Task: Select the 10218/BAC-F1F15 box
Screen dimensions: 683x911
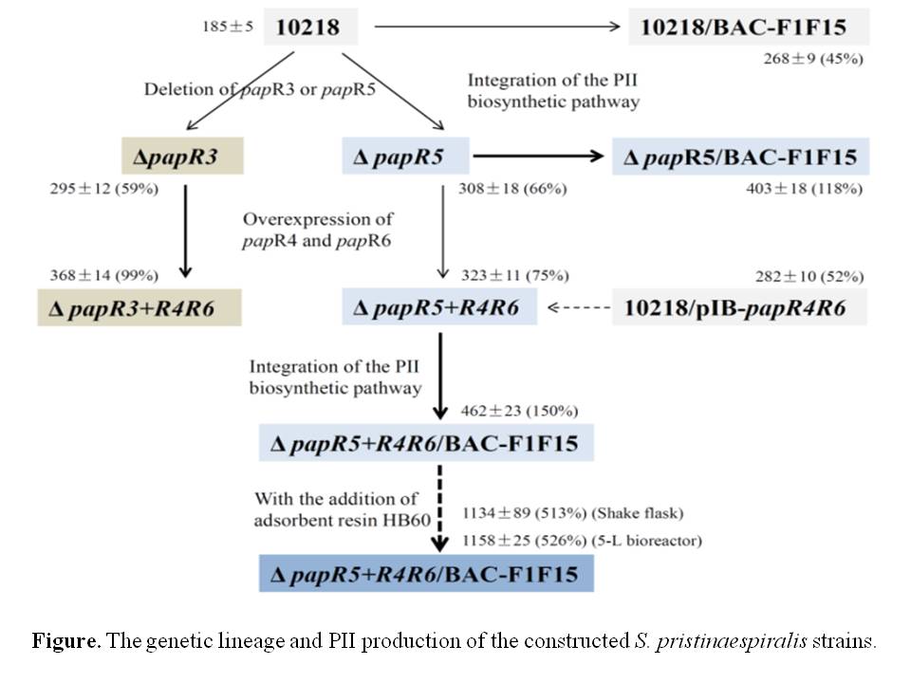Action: click(x=749, y=27)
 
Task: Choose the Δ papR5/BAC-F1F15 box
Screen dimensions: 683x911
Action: click(x=741, y=156)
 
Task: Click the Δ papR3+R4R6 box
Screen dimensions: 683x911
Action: click(x=141, y=308)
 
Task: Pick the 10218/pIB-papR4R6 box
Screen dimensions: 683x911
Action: click(x=740, y=308)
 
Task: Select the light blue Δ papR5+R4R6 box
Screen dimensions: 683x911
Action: click(x=438, y=308)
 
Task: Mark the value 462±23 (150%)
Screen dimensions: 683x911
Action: click(x=519, y=411)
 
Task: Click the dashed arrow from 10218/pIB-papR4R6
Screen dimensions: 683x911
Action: click(x=577, y=308)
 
